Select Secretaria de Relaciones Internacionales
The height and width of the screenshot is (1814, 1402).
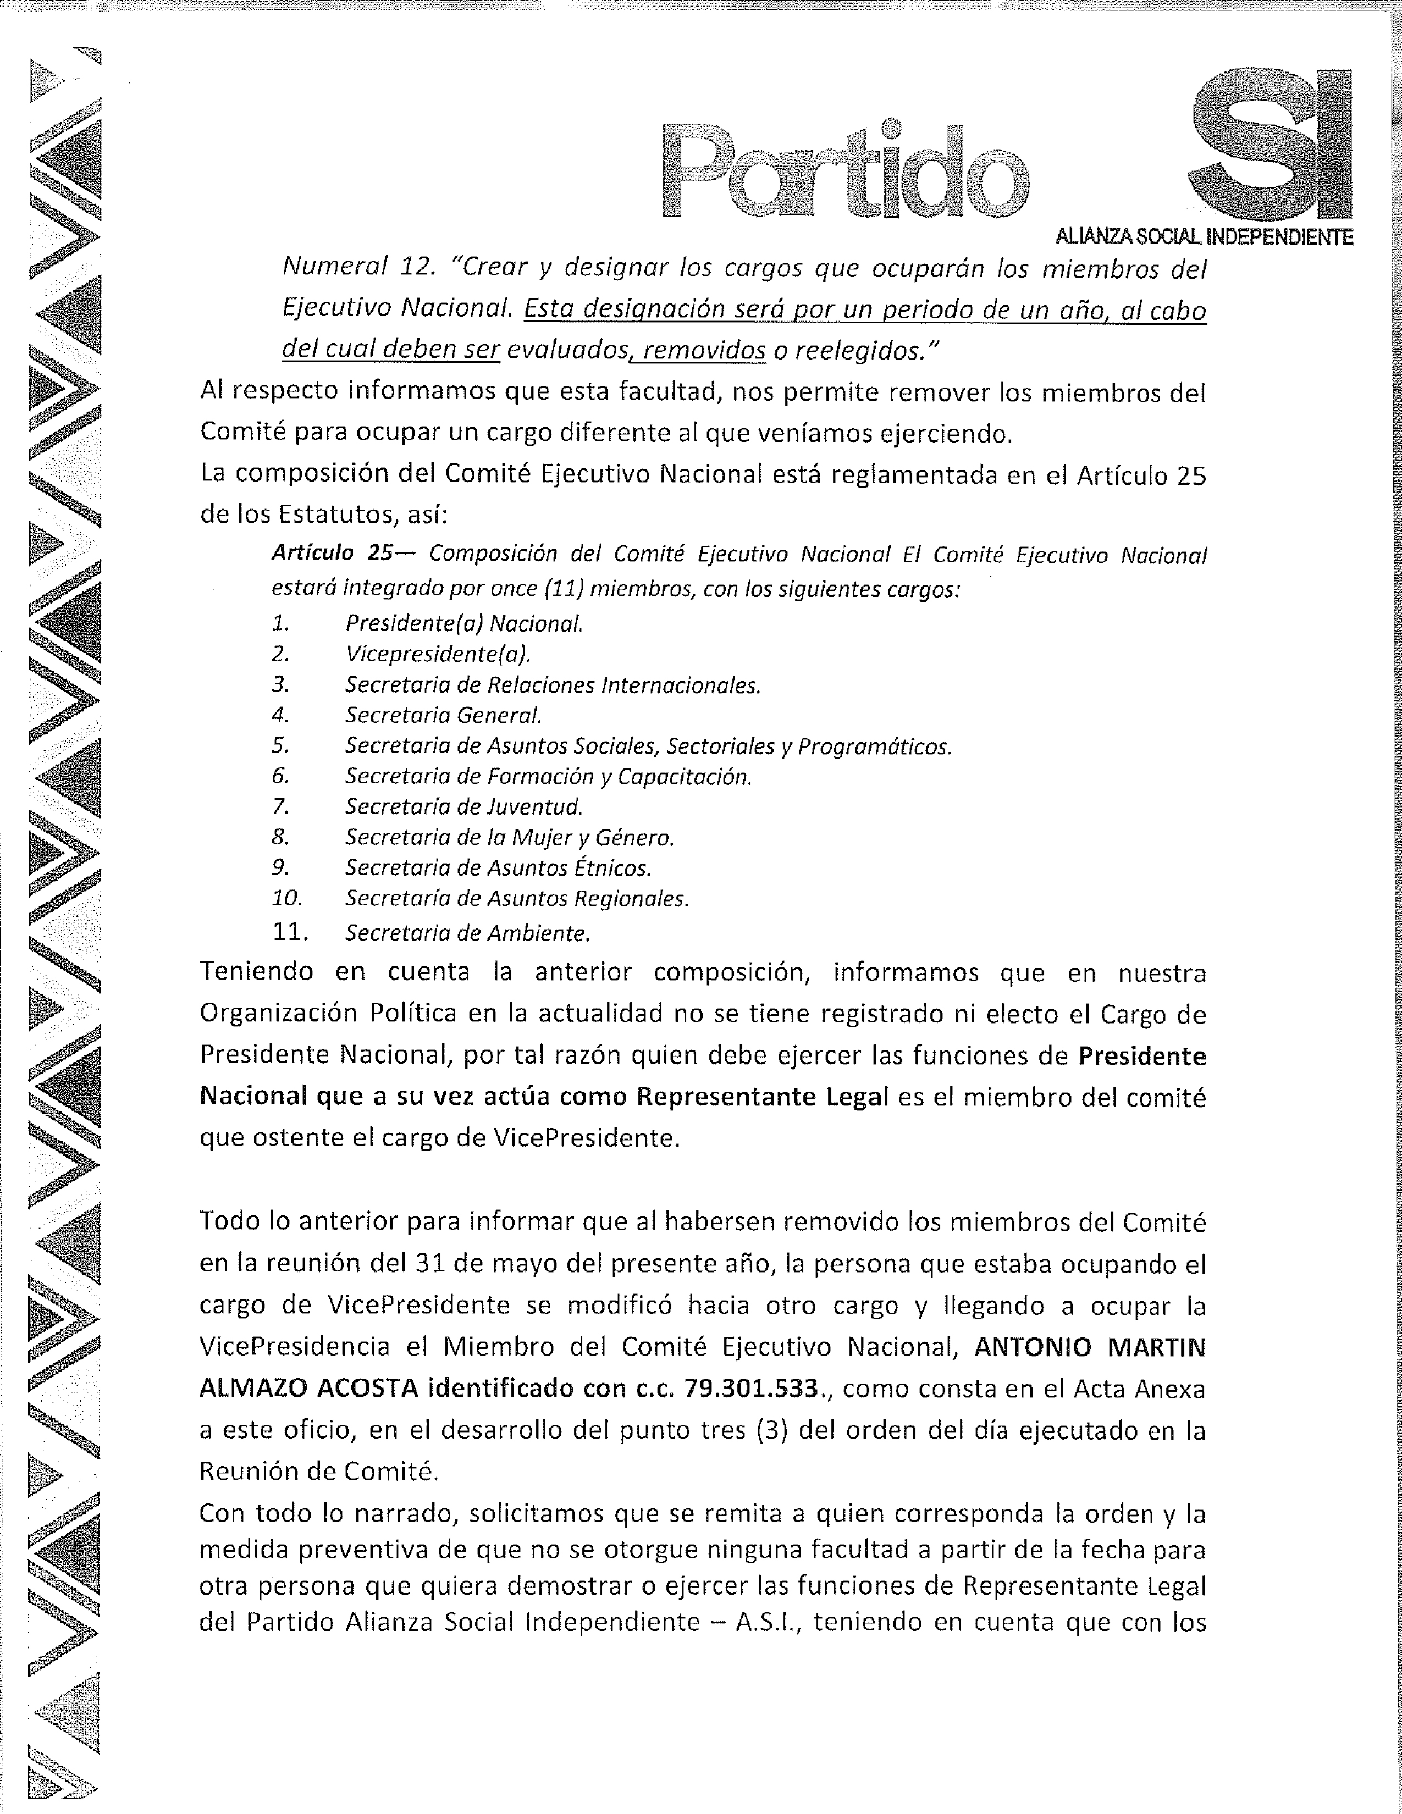(x=553, y=685)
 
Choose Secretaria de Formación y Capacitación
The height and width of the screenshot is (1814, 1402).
(x=548, y=777)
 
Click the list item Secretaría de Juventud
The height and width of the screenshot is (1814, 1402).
(x=464, y=806)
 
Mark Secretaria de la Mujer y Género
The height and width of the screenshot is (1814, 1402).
(x=509, y=837)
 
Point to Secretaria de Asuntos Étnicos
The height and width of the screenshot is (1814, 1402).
(x=498, y=868)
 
